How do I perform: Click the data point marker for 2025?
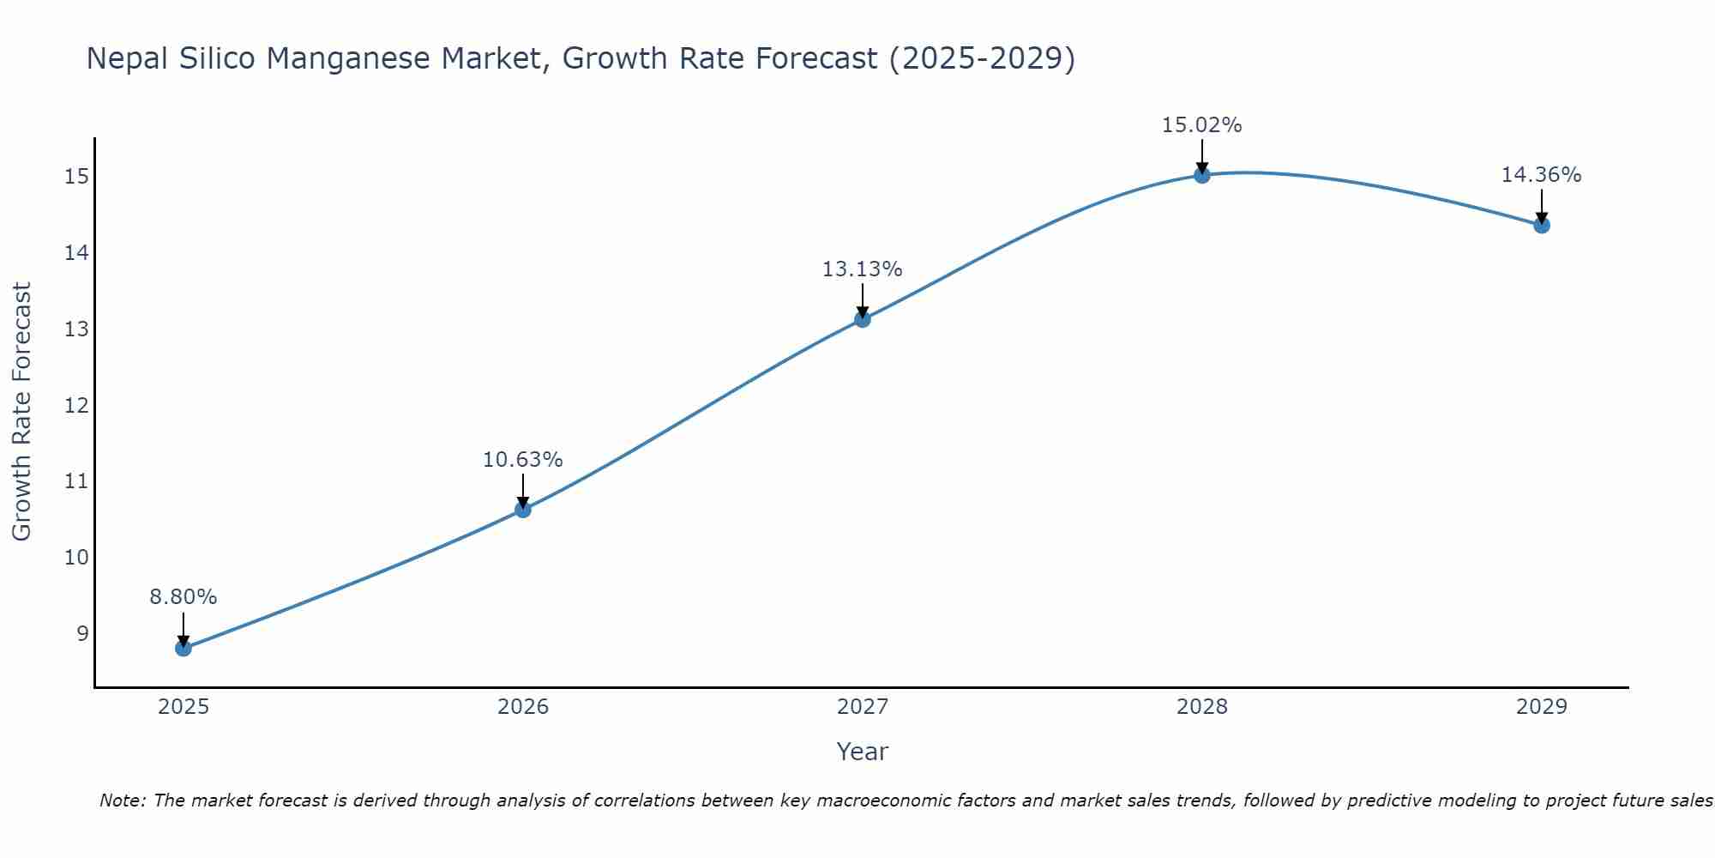(x=184, y=648)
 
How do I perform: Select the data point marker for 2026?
(x=523, y=510)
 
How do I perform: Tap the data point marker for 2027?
(x=863, y=319)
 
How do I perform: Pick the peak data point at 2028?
(x=1202, y=175)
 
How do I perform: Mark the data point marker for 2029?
(x=1542, y=226)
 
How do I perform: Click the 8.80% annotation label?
(x=184, y=597)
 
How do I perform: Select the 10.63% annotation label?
(x=523, y=460)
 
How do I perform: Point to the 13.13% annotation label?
(x=863, y=269)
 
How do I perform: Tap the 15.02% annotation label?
(x=1202, y=125)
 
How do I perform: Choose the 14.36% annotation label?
(x=1542, y=175)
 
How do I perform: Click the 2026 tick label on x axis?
(x=523, y=707)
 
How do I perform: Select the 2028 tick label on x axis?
(x=1202, y=707)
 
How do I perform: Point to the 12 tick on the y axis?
(x=76, y=405)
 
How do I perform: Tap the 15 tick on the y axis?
(x=76, y=177)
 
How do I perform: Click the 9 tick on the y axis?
(x=82, y=633)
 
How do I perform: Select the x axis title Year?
(x=863, y=752)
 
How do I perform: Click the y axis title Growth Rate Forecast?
(x=21, y=412)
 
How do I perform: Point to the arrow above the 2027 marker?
(x=863, y=300)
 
